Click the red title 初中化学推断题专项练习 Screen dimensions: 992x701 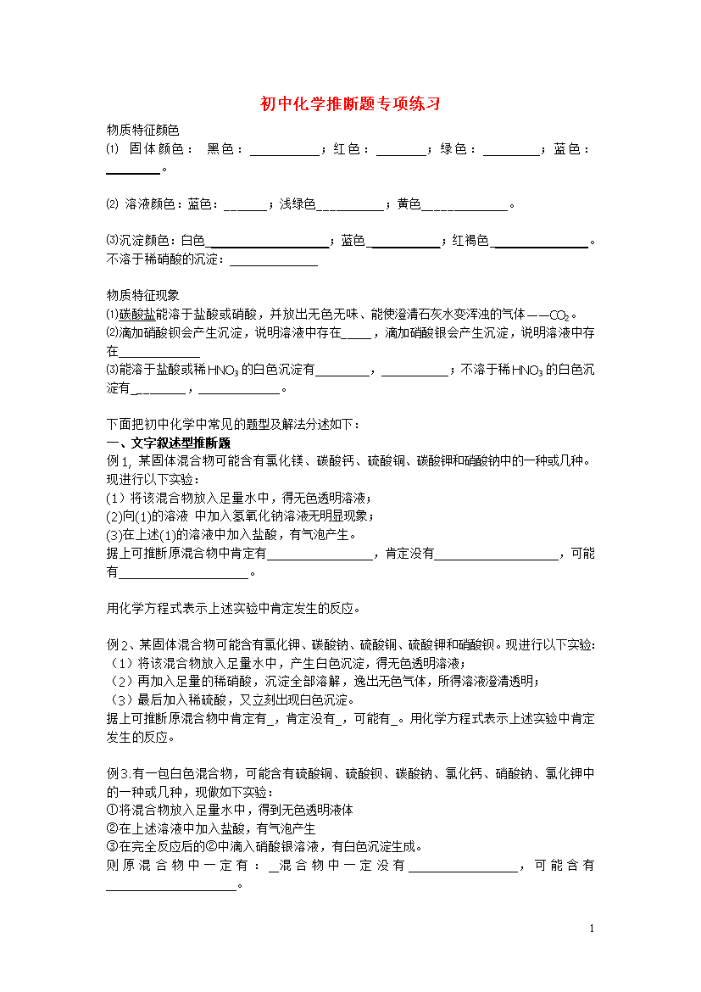pyautogui.click(x=350, y=104)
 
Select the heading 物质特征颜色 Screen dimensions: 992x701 pyautogui.click(x=142, y=130)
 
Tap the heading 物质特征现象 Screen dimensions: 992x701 pyautogui.click(x=142, y=295)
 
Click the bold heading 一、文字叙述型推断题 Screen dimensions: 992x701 pyautogui.click(x=168, y=443)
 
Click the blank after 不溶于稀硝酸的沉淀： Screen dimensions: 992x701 pyautogui.click(x=267, y=261)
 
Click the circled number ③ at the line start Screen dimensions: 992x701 pyautogui.click(x=111, y=846)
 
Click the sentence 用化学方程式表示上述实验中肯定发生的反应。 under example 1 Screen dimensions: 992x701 pyautogui.click(x=233, y=608)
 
